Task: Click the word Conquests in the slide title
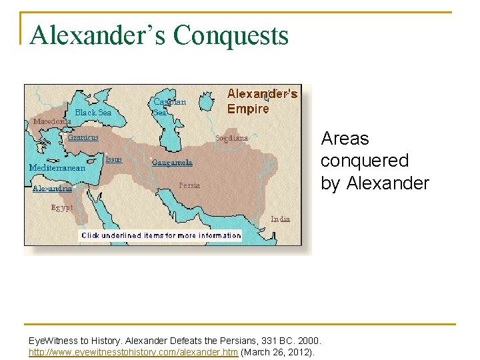tap(231, 35)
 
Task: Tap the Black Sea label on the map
tap(93, 113)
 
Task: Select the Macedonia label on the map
tap(52, 122)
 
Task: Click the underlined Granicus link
tap(83, 137)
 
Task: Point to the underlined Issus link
tap(113, 159)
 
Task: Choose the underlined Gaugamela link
tap(172, 162)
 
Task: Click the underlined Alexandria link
tap(52, 189)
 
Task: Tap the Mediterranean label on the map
tap(57, 168)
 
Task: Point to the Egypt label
tap(62, 207)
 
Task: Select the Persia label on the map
tap(189, 185)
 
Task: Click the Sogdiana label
tap(231, 138)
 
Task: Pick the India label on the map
tap(280, 219)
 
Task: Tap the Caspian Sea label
tap(169, 107)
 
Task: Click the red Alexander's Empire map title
tap(261, 101)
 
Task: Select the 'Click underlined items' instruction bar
tap(161, 235)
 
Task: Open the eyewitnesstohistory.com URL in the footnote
tap(133, 352)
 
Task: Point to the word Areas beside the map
tap(345, 139)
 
